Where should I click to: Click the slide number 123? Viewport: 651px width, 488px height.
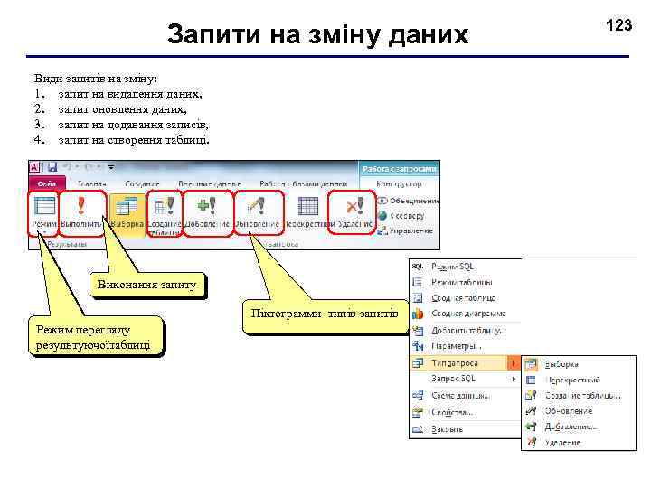(618, 25)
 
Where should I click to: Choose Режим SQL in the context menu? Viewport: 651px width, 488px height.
(451, 267)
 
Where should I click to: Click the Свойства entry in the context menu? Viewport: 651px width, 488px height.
(451, 411)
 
